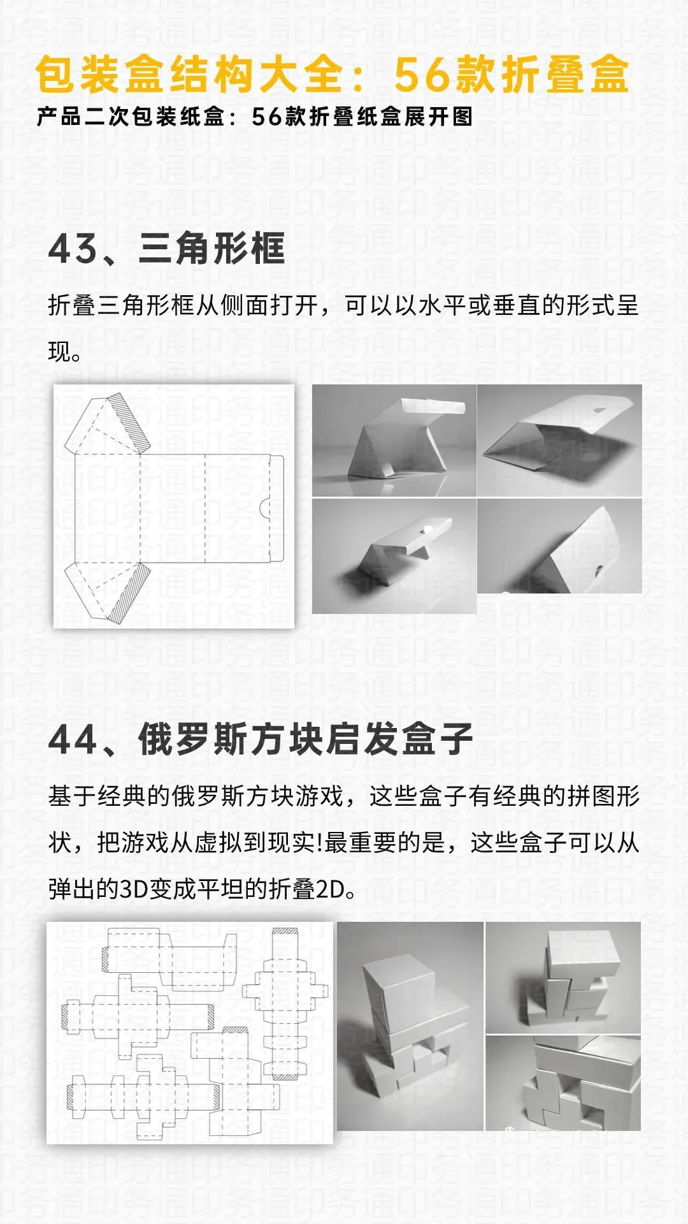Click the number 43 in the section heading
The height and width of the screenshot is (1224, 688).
[73, 249]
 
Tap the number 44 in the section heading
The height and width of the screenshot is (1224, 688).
[73, 739]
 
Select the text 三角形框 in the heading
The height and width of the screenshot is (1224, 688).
[211, 249]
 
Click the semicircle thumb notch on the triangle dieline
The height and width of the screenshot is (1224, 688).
[263, 508]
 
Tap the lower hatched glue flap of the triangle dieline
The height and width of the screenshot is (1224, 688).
[129, 593]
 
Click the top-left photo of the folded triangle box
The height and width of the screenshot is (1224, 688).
[394, 440]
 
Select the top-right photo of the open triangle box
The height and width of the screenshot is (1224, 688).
[559, 440]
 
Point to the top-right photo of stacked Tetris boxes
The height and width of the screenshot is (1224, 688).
[563, 977]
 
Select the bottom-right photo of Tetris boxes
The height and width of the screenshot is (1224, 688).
[563, 1084]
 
